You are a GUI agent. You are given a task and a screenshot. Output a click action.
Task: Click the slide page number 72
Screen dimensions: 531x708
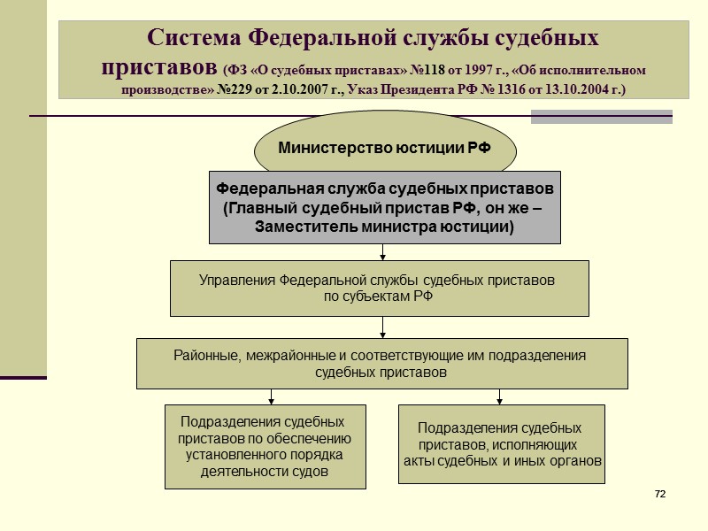coord(659,493)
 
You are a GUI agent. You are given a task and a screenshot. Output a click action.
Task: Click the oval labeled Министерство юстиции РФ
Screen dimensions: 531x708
coord(384,148)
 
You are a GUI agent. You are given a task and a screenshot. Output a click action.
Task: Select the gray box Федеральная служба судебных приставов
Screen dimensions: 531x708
coord(384,207)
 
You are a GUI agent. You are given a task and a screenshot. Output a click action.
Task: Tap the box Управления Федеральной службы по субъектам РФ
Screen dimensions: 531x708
coord(379,288)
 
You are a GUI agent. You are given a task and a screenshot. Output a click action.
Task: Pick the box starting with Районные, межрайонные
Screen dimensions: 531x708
coord(381,363)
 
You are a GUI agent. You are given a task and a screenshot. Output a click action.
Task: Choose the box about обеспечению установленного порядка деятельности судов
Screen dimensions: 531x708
coord(265,447)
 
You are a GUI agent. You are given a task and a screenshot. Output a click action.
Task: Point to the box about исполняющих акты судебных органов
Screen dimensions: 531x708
coord(501,444)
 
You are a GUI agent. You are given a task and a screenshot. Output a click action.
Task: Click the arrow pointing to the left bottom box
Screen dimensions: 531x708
coord(272,396)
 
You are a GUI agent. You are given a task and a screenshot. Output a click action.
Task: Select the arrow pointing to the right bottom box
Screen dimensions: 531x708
coord(500,396)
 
